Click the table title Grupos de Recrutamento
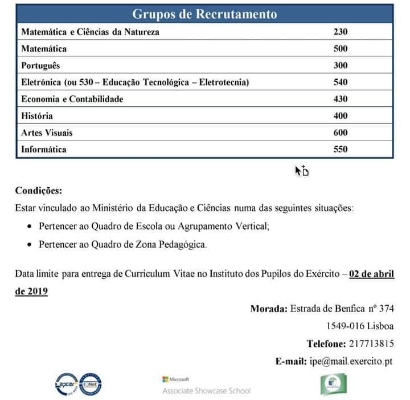tap(204, 13)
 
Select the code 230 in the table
tap(340, 32)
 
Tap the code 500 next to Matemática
tap(340, 49)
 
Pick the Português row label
tap(40, 66)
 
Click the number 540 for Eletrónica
tap(340, 82)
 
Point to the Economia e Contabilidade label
tap(72, 99)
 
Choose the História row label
tap(37, 116)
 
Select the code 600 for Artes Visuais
tap(340, 133)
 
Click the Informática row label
tap(44, 150)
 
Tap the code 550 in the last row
tap(340, 150)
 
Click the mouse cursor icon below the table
tap(301, 171)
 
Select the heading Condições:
tap(38, 190)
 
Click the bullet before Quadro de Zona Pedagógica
tap(29, 244)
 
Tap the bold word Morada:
tap(269, 309)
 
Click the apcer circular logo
tap(66, 383)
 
